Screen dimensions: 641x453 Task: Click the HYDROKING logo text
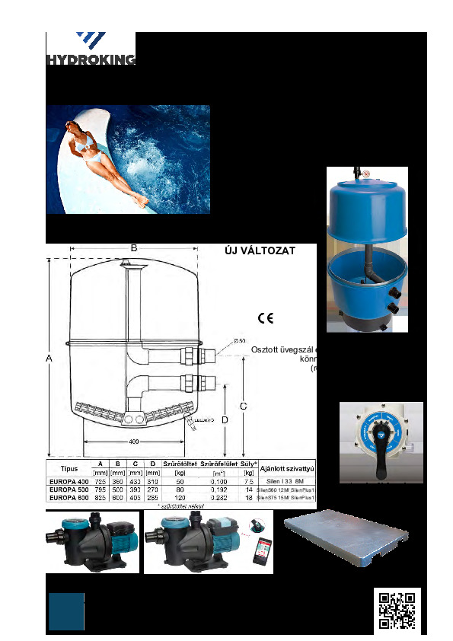tap(91, 60)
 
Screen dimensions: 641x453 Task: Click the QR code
tap(397, 610)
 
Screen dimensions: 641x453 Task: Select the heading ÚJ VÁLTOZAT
tap(258, 250)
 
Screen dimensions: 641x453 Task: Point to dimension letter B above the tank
tap(133, 247)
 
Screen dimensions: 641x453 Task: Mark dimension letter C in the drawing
tap(243, 407)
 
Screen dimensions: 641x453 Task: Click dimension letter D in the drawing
tap(225, 420)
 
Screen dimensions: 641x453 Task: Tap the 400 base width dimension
tap(134, 442)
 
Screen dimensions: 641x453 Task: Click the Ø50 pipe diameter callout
tap(239, 340)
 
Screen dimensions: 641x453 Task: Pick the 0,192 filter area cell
tap(219, 490)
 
